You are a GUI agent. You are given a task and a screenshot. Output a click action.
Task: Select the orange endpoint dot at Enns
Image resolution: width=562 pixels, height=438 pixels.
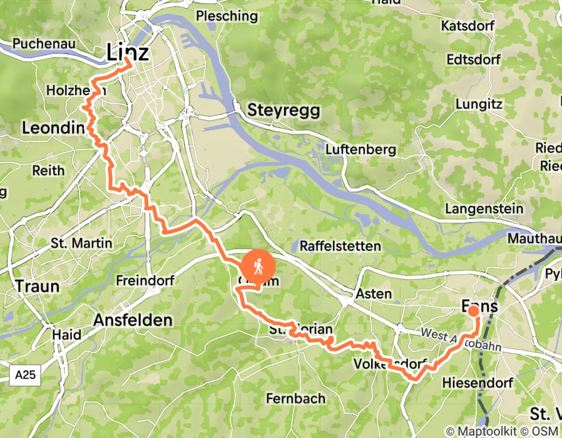coord(474,311)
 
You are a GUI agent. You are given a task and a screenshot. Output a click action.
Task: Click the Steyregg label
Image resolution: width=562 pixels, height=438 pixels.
coord(284,111)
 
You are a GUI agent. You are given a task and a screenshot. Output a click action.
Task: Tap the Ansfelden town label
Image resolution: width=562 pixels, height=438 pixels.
coord(132,320)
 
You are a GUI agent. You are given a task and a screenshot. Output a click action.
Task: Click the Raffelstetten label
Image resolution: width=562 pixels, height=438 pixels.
coord(340,245)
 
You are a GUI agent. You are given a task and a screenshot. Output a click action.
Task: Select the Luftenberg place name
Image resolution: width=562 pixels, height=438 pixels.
coord(360,150)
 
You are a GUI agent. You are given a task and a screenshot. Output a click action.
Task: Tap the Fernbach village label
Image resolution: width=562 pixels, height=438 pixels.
coord(295,398)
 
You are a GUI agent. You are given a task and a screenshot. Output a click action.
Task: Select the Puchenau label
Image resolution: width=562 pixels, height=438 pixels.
coord(39,44)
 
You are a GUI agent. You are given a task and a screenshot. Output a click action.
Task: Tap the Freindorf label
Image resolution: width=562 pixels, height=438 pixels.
coord(145,281)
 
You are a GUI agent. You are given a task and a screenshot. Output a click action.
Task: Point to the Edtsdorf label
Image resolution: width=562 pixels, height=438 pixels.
coord(473,60)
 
